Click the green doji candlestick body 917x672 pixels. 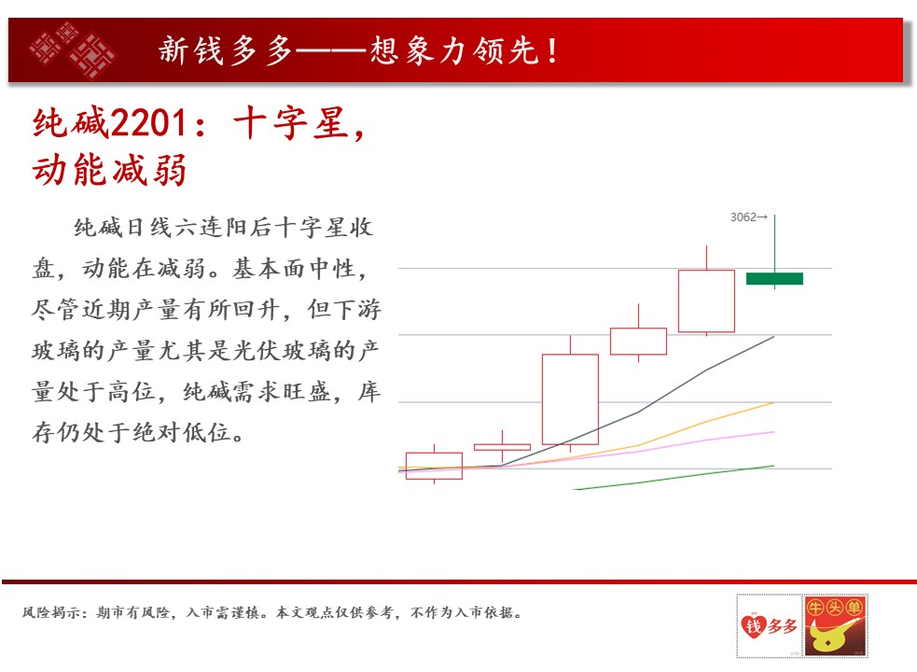pyautogui.click(x=774, y=279)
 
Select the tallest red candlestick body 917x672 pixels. pyautogui.click(x=570, y=399)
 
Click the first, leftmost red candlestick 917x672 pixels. pyautogui.click(x=434, y=466)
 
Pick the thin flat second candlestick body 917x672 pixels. pyautogui.click(x=503, y=447)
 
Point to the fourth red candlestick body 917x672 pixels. pyautogui.click(x=638, y=342)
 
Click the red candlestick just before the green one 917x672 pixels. pyautogui.click(x=706, y=301)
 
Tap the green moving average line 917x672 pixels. pyautogui.click(x=674, y=478)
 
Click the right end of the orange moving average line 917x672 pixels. pyautogui.click(x=773, y=402)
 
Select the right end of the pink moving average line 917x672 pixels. pyautogui.click(x=773, y=432)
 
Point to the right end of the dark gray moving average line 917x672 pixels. pyautogui.click(x=773, y=337)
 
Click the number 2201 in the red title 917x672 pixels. pyautogui.click(x=148, y=123)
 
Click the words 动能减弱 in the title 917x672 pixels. pyautogui.click(x=109, y=171)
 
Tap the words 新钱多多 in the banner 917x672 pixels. pyautogui.click(x=225, y=50)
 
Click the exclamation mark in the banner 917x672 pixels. pyautogui.click(x=552, y=50)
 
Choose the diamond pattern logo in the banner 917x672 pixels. pyautogui.click(x=73, y=49)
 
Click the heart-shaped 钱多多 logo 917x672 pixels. pyautogui.click(x=769, y=625)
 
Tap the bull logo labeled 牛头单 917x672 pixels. pyautogui.click(x=835, y=625)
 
